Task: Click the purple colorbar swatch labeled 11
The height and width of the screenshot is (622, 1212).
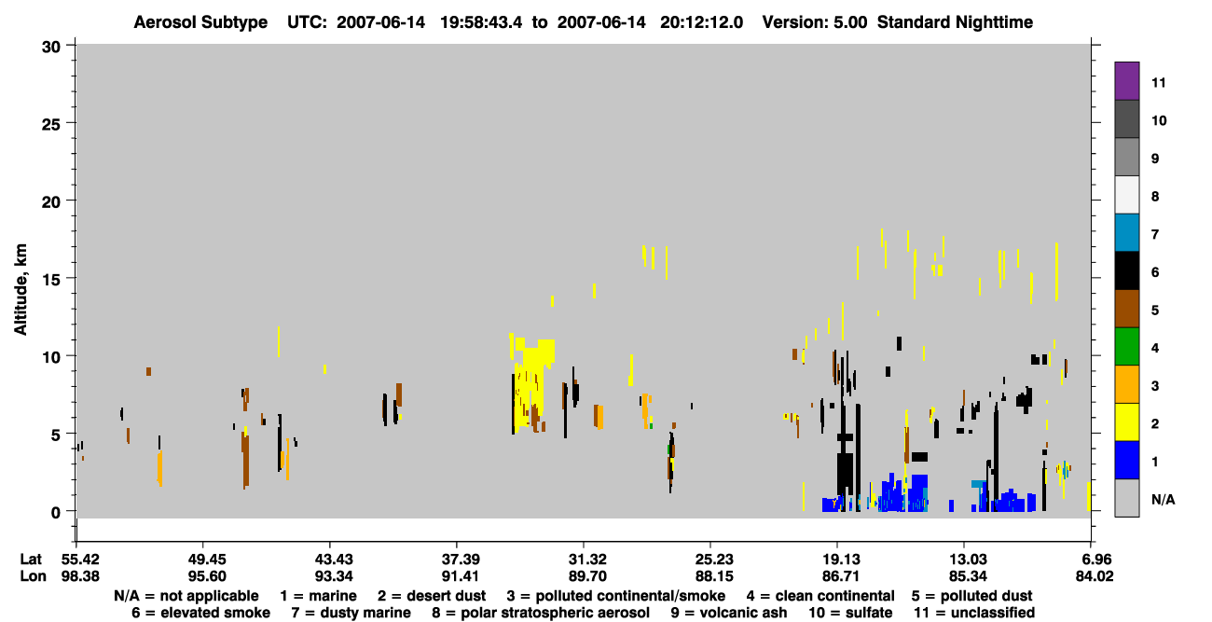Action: click(1126, 81)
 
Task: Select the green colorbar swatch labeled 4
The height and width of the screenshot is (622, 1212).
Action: click(1126, 347)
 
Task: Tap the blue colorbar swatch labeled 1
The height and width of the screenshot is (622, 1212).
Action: click(1126, 460)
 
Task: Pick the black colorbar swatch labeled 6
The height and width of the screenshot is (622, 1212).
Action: click(1126, 270)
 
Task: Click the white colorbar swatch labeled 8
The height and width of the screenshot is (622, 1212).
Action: click(1126, 195)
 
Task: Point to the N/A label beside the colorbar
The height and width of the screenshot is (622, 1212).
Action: click(1163, 499)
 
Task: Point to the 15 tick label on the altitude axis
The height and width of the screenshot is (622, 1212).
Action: click(51, 280)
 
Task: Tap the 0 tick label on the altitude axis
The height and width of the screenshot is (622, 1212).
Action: click(56, 513)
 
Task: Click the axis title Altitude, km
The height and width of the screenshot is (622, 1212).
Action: click(20, 290)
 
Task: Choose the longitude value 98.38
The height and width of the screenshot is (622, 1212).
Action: click(80, 576)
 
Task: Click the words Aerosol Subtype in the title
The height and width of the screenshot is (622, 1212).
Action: click(200, 22)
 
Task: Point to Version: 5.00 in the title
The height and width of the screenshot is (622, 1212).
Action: click(815, 22)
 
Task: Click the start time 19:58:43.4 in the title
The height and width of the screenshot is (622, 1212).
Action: click(482, 22)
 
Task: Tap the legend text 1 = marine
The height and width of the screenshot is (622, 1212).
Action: click(318, 596)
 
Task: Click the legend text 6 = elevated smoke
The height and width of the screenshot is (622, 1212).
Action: click(200, 613)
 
